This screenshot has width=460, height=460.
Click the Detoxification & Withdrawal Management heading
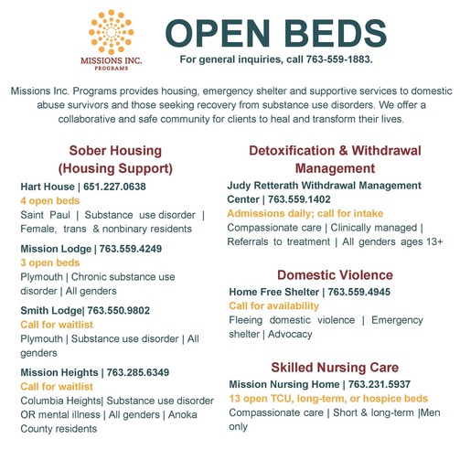[x=336, y=159]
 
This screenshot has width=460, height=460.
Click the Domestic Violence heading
[x=335, y=275]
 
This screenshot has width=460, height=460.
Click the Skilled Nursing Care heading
[x=335, y=368]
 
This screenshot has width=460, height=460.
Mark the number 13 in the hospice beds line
[x=234, y=399]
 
